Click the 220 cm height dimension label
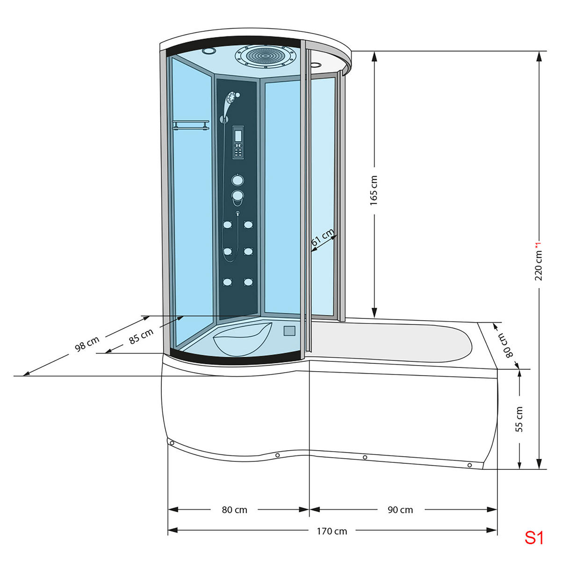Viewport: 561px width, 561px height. point(539,265)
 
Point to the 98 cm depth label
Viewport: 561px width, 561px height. point(87,344)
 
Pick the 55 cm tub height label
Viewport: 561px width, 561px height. point(519,419)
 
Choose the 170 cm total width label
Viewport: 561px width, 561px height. point(332,531)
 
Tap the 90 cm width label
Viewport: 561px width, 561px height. point(400,510)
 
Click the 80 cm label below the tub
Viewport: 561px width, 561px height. point(234,510)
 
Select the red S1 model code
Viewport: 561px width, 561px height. point(534,538)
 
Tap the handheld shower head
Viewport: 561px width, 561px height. point(230,99)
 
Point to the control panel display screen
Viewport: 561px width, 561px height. point(237,137)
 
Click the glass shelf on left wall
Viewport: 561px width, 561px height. point(190,125)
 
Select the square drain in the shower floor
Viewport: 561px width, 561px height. point(290,331)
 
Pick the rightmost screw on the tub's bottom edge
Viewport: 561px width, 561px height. point(470,465)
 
